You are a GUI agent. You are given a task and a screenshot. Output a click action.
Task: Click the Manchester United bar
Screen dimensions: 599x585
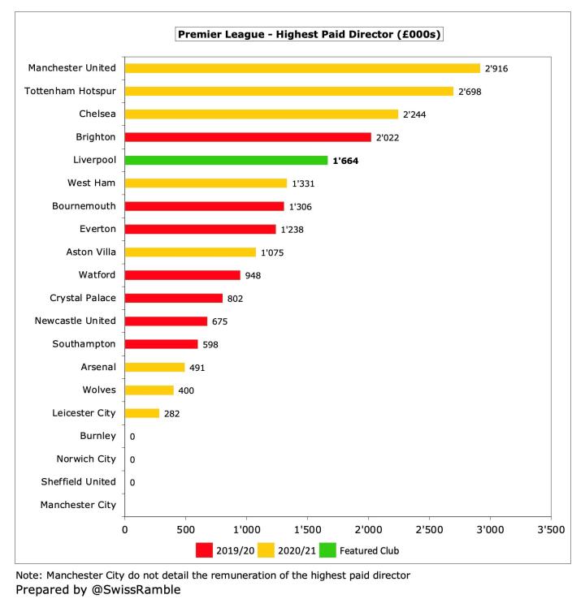click(302, 68)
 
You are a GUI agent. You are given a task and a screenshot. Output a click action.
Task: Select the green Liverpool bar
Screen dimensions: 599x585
click(226, 161)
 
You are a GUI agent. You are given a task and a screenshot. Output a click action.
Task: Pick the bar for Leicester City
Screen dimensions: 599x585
click(142, 413)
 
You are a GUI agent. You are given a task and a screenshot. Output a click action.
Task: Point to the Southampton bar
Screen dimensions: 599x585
click(161, 344)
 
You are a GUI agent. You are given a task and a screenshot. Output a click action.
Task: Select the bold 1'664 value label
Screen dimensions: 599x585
click(345, 161)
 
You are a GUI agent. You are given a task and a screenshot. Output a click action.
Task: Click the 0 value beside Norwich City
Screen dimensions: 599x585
click(132, 459)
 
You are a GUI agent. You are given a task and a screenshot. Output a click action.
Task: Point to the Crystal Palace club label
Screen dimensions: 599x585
click(83, 298)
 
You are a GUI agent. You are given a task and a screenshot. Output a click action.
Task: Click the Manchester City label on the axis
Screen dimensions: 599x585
click(78, 505)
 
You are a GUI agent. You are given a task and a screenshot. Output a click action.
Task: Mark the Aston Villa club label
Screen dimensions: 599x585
click(89, 252)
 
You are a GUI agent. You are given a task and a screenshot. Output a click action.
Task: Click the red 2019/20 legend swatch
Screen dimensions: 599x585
click(204, 550)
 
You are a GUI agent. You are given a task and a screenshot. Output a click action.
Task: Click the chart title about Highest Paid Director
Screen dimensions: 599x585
click(309, 35)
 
